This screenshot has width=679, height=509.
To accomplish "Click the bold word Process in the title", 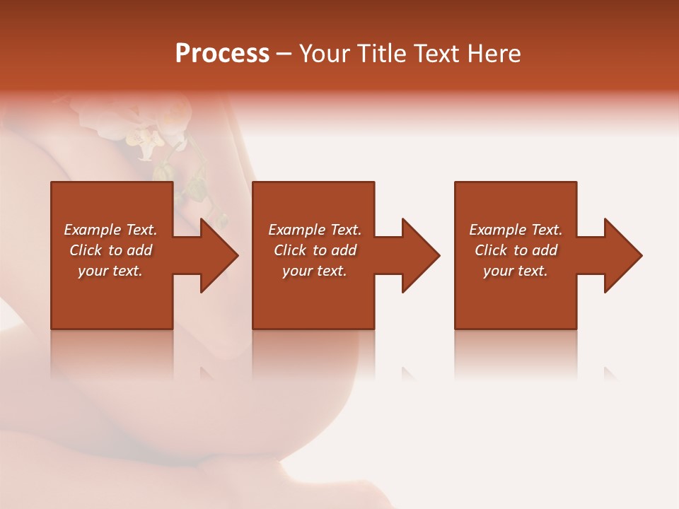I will tap(222, 54).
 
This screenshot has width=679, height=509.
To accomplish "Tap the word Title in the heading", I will tap(382, 54).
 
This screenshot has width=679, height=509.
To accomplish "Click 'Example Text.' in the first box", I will tap(110, 230).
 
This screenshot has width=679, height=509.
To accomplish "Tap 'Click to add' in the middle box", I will tap(315, 250).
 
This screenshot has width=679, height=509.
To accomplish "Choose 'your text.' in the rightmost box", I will tap(516, 271).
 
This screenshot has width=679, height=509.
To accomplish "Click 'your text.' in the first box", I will tap(110, 271).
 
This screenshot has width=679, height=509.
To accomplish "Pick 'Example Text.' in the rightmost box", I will tap(516, 230).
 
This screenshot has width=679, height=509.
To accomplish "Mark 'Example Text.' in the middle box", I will tap(315, 230).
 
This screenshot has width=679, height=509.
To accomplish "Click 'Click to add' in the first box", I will tap(110, 250).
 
